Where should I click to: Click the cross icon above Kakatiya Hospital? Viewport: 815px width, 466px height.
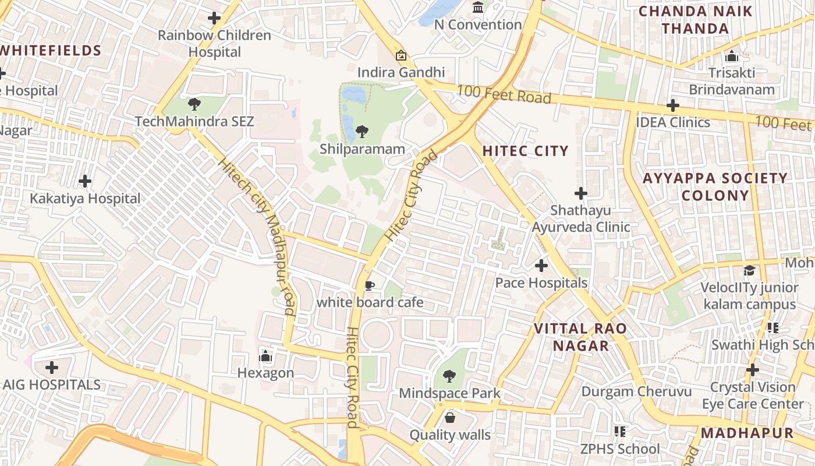(x=85, y=181)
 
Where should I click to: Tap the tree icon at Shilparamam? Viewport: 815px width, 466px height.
(x=362, y=131)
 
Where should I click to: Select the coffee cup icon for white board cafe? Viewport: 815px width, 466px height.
(x=369, y=285)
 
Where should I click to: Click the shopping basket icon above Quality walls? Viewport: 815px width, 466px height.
(x=450, y=418)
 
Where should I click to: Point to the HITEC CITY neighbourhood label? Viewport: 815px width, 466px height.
(x=525, y=151)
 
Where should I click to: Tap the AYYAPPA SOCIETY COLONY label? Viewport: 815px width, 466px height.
(x=715, y=186)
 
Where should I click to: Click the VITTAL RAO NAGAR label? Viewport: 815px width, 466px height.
(x=580, y=337)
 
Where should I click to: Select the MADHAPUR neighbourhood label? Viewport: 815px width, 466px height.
(x=747, y=433)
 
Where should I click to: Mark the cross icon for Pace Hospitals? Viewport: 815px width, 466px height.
(x=541, y=266)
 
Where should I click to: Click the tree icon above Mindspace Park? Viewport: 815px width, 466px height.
(x=449, y=376)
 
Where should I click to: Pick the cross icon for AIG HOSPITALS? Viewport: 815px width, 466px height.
(x=52, y=368)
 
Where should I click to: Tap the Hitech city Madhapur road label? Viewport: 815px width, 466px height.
(x=256, y=236)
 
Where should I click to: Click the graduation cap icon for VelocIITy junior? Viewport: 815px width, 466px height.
(x=749, y=271)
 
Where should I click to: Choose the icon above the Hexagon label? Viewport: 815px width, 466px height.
(x=265, y=355)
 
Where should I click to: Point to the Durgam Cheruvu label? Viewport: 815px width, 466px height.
(x=636, y=391)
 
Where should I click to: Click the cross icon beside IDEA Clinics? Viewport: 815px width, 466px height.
(x=673, y=105)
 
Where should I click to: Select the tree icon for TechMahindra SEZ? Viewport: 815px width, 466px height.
(x=194, y=104)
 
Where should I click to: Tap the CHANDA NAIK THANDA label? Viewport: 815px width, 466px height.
(x=695, y=20)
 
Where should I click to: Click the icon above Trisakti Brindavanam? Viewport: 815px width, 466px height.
(x=732, y=57)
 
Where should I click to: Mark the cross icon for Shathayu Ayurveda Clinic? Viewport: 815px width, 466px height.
(x=580, y=193)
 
